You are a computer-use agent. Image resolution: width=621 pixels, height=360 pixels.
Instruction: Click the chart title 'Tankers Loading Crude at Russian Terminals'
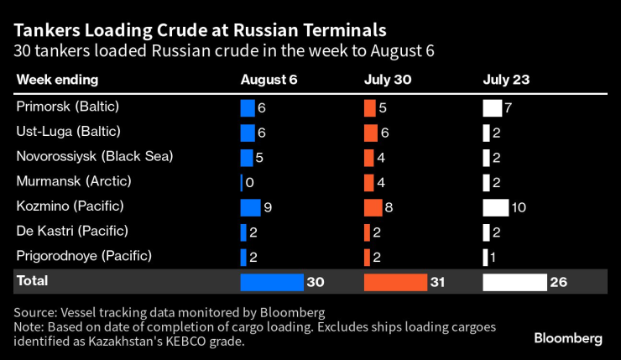[200, 29]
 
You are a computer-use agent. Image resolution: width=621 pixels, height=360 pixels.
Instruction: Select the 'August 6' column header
[269, 80]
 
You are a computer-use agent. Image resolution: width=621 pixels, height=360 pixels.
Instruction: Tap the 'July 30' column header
[387, 80]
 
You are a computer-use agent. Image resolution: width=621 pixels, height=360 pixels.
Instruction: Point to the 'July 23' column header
[506, 80]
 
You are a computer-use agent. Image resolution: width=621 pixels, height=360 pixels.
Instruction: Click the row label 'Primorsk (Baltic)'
[68, 107]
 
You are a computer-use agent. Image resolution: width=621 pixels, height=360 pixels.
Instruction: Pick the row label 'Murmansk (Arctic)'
[68, 181]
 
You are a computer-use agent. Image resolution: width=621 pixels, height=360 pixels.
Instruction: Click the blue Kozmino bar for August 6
[250, 207]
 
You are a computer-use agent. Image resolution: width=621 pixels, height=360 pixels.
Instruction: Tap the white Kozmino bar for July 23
[495, 207]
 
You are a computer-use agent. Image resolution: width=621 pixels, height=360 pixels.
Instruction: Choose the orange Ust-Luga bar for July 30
[371, 133]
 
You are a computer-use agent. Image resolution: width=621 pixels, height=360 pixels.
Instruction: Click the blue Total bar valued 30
[271, 283]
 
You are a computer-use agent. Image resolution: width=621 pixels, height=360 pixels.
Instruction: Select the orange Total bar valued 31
[395, 283]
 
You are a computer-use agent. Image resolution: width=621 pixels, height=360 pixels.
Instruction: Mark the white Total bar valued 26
[514, 283]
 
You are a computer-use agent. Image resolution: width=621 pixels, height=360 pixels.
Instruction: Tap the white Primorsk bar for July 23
[492, 108]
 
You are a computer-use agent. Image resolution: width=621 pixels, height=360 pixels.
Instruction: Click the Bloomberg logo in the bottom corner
[568, 338]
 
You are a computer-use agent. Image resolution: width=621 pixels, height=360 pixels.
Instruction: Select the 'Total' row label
[33, 281]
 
